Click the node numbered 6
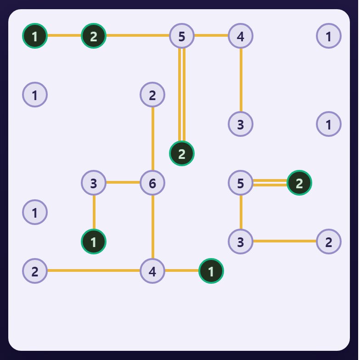pyautogui.click(x=152, y=183)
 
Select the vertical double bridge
pyautogui.click(x=182, y=95)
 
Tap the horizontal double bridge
pyautogui.click(x=270, y=183)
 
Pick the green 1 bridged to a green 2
pyautogui.click(x=35, y=36)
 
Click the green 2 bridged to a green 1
pyautogui.click(x=94, y=36)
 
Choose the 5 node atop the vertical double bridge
pyautogui.click(x=182, y=36)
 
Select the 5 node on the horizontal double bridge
pyautogui.click(x=241, y=183)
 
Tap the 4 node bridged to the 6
pyautogui.click(x=152, y=271)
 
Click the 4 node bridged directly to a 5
pyautogui.click(x=241, y=36)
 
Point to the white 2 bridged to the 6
pyautogui.click(x=152, y=95)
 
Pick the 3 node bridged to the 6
pyautogui.click(x=94, y=183)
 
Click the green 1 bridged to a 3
pyautogui.click(x=94, y=242)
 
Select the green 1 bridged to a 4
pyautogui.click(x=211, y=271)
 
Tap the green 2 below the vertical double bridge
pyautogui.click(x=182, y=153)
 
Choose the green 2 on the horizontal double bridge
pyautogui.click(x=299, y=183)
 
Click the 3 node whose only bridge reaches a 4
pyautogui.click(x=241, y=124)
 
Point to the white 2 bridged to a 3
pyautogui.click(x=329, y=242)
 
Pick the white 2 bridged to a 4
pyautogui.click(x=35, y=271)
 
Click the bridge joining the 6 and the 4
pyautogui.click(x=152, y=227)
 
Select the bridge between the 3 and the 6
pyautogui.click(x=123, y=182)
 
